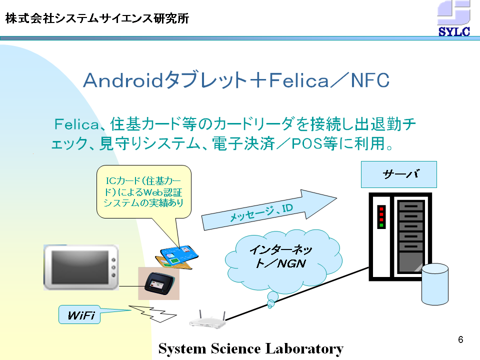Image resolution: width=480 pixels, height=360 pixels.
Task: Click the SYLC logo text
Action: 454,31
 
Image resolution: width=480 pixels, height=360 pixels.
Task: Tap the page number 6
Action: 460,339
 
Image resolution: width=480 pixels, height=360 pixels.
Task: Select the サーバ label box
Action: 399,174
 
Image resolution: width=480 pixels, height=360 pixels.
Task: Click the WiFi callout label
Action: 79,314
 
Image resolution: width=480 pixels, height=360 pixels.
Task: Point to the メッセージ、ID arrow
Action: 269,210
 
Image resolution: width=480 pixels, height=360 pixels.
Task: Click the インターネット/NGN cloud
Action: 283,260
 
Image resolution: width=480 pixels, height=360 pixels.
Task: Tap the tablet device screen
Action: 80,267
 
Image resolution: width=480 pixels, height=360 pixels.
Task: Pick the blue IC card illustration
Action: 179,255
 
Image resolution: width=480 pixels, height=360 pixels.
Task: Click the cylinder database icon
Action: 434,284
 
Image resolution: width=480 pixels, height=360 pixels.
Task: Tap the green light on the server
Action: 381,225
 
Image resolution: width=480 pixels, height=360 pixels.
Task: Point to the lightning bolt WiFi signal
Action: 152,313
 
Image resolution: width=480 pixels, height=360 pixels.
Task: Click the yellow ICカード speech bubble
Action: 144,191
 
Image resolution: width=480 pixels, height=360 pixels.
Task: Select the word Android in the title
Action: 123,80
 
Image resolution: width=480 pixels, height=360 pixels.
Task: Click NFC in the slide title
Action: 370,80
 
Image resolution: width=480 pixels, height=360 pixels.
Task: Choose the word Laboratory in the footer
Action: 304,349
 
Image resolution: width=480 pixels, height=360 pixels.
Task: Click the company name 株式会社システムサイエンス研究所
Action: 97,18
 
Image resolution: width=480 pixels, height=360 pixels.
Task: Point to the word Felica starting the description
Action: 76,124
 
